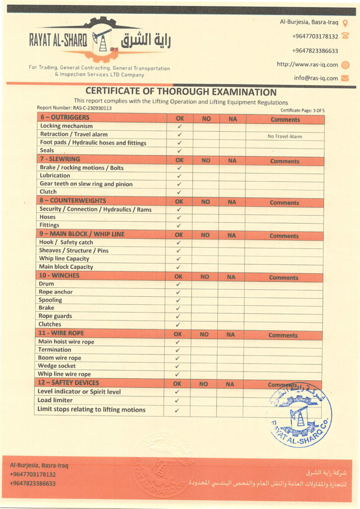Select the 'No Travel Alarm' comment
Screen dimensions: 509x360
(x=284, y=136)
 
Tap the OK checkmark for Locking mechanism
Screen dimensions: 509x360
(x=179, y=126)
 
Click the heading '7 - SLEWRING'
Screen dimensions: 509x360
(x=60, y=159)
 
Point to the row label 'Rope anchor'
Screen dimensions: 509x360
(x=56, y=292)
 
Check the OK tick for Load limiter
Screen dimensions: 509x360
(x=177, y=401)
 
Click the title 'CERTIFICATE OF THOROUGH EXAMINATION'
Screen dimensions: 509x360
(x=181, y=92)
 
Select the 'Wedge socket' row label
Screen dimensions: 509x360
(x=57, y=366)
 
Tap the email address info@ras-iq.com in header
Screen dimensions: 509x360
(x=316, y=78)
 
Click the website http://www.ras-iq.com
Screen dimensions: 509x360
(x=307, y=65)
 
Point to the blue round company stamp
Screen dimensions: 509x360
(x=301, y=414)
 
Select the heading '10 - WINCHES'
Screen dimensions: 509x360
(x=59, y=275)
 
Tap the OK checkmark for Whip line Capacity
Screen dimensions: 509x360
(x=179, y=259)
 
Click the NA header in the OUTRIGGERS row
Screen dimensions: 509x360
(x=232, y=119)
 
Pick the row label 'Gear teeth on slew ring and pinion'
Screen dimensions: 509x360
(x=86, y=184)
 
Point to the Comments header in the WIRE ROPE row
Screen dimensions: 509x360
(x=283, y=335)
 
